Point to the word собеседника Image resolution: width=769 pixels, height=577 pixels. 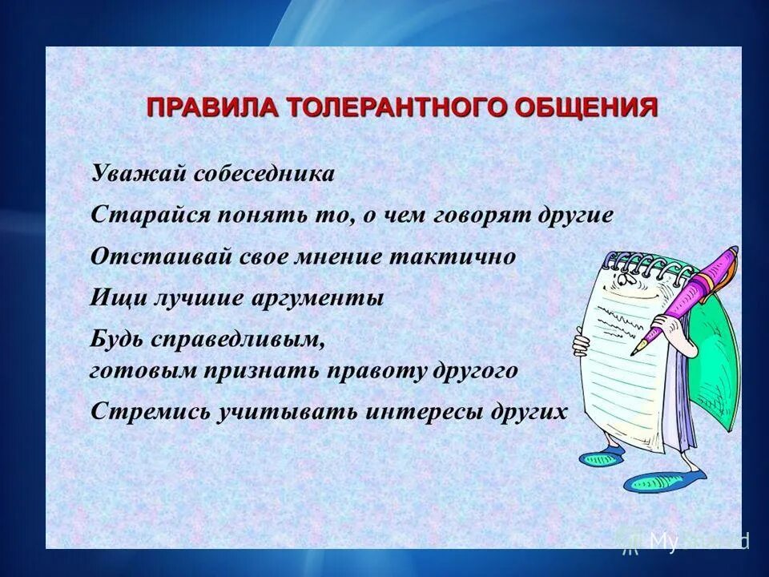pos(261,174)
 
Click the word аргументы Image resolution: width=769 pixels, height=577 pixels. pos(320,299)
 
